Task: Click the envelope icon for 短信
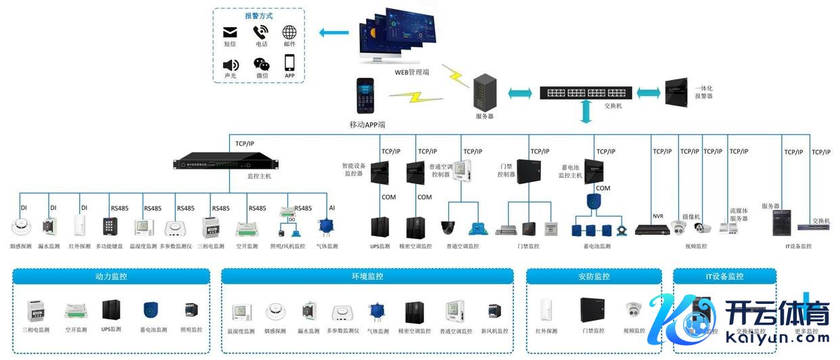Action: click(x=230, y=32)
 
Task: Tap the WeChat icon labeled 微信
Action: click(x=262, y=64)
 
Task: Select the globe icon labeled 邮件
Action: click(x=289, y=32)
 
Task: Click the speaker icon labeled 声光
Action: click(x=231, y=64)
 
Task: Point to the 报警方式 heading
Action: click(x=258, y=16)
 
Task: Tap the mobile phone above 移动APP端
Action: click(x=366, y=96)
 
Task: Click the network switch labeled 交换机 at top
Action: click(x=586, y=93)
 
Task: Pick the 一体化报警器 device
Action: click(x=678, y=91)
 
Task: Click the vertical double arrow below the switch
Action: click(x=586, y=113)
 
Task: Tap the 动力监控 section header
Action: click(x=112, y=276)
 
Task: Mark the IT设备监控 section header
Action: click(x=724, y=276)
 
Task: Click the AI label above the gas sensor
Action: click(x=331, y=208)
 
